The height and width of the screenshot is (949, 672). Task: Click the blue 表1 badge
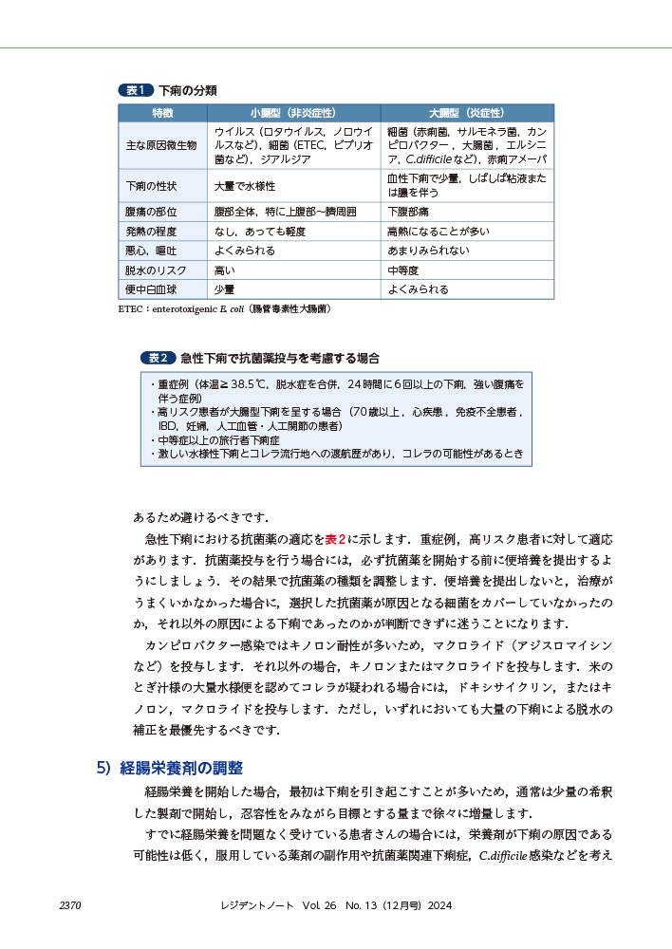(x=135, y=90)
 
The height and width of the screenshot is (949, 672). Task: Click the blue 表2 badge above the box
(x=158, y=358)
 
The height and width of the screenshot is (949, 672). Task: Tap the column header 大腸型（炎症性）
(x=466, y=112)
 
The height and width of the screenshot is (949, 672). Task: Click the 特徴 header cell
(x=163, y=112)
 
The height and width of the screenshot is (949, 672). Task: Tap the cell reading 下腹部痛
(x=409, y=211)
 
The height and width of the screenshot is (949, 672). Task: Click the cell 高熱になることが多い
(x=438, y=231)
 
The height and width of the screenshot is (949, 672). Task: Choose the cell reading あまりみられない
(x=428, y=251)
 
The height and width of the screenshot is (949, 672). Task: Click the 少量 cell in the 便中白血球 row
(x=225, y=289)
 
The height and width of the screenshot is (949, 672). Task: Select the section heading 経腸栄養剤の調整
(x=181, y=768)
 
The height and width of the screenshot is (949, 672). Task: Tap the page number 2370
(x=70, y=906)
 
